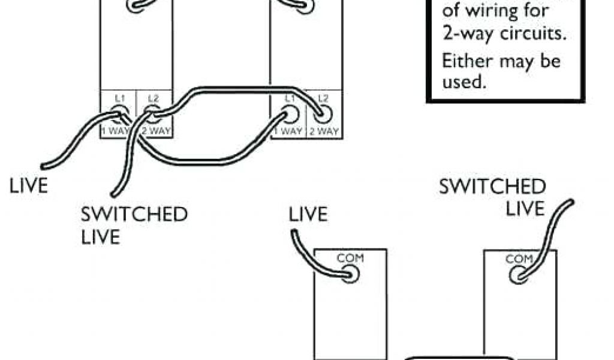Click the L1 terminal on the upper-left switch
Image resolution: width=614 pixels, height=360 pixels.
[118, 112]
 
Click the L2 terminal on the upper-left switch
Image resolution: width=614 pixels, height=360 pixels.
[153, 112]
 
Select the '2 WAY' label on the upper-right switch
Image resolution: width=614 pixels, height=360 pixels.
[324, 131]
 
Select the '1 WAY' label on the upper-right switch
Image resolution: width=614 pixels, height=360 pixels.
[290, 131]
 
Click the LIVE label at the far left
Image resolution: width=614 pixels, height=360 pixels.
[28, 185]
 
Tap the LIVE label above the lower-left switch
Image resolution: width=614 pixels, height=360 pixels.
[309, 214]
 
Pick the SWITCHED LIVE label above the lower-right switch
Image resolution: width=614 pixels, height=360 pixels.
[492, 197]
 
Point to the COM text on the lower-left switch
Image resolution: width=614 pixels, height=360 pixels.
[350, 259]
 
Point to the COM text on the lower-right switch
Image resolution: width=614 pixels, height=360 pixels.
[519, 259]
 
